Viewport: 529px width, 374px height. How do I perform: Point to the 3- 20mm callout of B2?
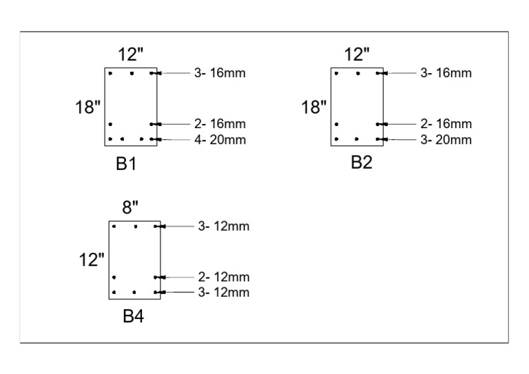(446, 140)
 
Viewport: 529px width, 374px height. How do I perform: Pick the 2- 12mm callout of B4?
(224, 277)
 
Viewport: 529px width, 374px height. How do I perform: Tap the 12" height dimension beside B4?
(91, 260)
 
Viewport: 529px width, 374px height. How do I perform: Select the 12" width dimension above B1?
(131, 54)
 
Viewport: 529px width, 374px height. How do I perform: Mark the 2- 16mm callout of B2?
(446, 124)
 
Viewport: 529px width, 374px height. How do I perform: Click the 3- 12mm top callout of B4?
(224, 226)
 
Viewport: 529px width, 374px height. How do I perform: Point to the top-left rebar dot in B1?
(110, 73)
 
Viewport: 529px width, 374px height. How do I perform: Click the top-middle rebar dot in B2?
(357, 73)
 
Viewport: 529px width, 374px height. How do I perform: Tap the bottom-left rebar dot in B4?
(114, 293)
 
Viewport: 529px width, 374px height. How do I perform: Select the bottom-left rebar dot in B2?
(336, 139)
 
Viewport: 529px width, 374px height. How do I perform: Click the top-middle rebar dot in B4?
(136, 227)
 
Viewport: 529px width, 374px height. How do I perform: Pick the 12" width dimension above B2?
(357, 54)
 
